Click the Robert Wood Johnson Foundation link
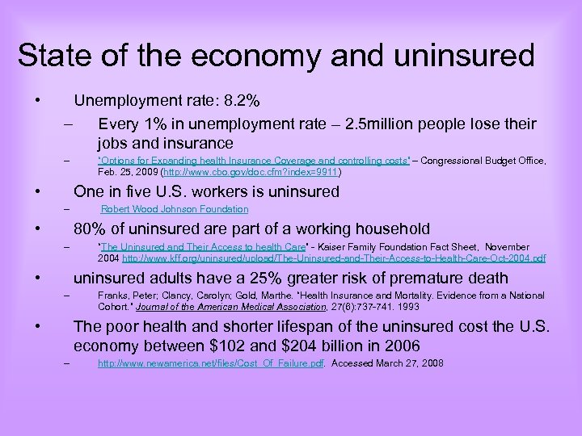tap(175, 210)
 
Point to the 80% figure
tap(89, 229)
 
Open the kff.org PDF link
tap(334, 258)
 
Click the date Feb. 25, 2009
tap(127, 173)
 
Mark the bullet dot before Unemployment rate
tap(36, 102)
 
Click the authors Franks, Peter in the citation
tap(122, 296)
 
